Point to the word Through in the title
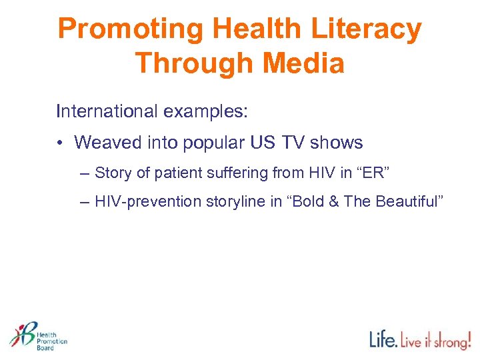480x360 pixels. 191,63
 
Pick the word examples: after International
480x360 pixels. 205,111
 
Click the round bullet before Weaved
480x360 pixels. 61,143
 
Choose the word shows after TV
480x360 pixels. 337,143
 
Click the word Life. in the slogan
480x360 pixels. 384,339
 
